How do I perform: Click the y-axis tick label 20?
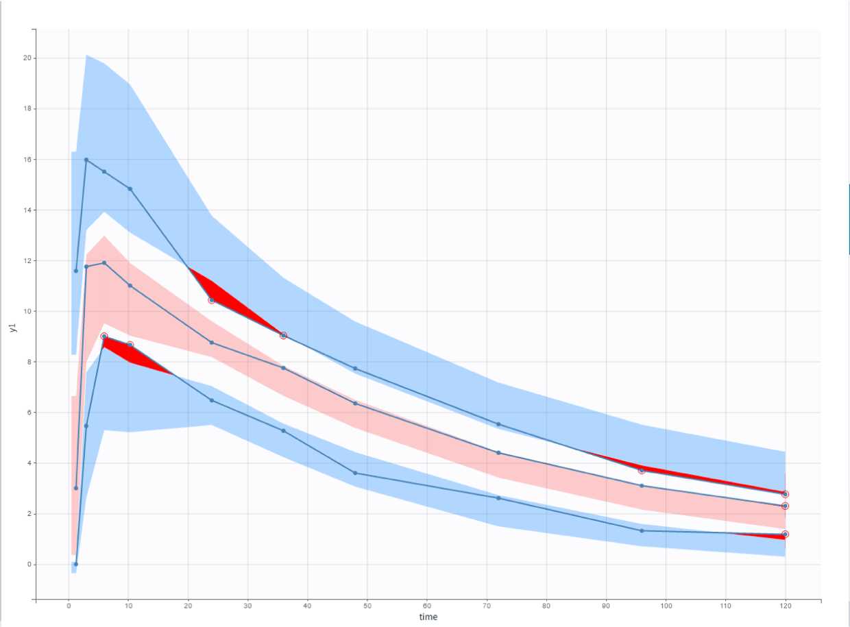27,58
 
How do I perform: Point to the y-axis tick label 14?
27,210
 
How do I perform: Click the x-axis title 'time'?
428,617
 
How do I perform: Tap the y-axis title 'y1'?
12,327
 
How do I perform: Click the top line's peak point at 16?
86,160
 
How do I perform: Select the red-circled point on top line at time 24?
212,300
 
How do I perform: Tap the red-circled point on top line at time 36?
283,335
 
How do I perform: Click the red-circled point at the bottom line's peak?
104,336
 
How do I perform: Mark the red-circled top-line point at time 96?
642,471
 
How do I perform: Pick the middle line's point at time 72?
498,453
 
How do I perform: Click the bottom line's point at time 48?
355,473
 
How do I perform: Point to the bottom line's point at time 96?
642,530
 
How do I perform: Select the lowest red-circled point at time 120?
785,534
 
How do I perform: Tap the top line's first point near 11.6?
76,271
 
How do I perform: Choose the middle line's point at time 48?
355,403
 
